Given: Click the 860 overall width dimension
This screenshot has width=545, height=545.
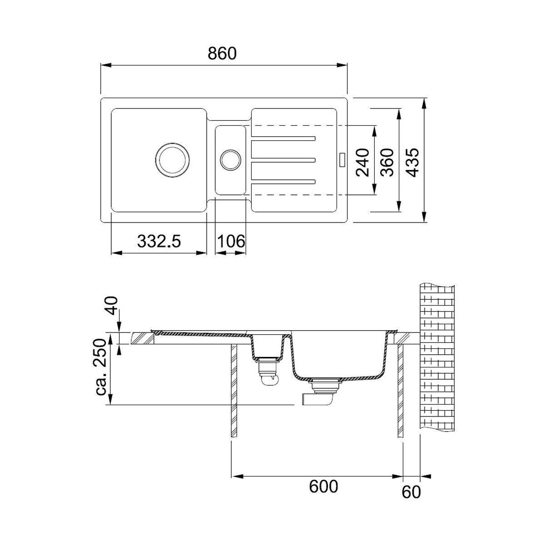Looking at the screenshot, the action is point(222,54).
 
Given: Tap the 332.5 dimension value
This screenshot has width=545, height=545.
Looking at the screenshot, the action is point(159,242).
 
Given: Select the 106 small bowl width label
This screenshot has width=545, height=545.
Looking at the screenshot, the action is point(231,242).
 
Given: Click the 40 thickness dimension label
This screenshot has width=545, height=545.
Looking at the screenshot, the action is point(111,306).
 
